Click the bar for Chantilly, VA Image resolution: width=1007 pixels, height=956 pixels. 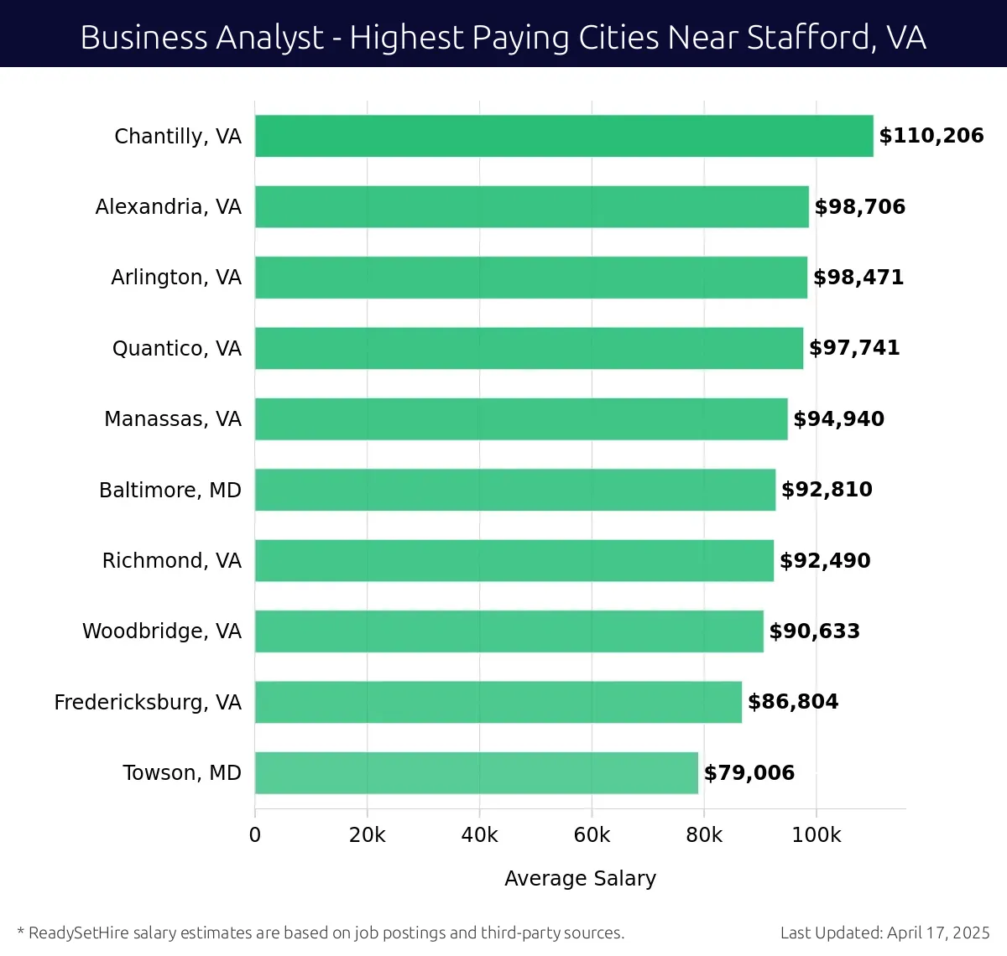tap(564, 136)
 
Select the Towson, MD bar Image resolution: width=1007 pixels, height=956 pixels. tap(476, 772)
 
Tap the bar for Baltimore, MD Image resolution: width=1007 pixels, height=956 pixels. tap(515, 490)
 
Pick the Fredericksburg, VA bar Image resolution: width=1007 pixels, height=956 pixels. tap(498, 702)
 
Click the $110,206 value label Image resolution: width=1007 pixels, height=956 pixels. tap(931, 136)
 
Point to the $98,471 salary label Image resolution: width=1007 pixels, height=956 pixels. tap(858, 278)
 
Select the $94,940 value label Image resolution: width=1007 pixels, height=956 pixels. tap(838, 419)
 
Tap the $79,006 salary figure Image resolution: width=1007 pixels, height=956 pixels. tap(749, 772)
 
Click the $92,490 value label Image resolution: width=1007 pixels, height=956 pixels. tap(825, 560)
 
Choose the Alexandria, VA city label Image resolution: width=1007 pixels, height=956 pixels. tap(168, 207)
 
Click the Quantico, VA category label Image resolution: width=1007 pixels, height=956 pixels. tap(176, 348)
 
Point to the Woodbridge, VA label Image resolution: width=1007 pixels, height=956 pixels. tap(161, 631)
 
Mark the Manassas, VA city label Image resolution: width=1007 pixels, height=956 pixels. tap(172, 419)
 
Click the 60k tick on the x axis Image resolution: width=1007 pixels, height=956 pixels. tap(592, 835)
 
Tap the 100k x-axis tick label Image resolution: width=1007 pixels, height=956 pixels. tap(816, 835)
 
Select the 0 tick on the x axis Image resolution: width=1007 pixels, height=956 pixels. tap(255, 835)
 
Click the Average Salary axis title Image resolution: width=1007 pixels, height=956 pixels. tap(580, 878)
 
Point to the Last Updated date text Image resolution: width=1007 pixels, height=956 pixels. tap(884, 933)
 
